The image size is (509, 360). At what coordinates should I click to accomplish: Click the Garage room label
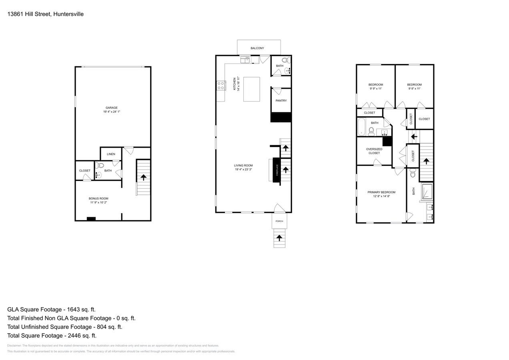point(111,108)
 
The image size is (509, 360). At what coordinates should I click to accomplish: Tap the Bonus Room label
point(98,198)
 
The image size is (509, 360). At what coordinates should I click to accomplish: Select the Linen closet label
point(111,154)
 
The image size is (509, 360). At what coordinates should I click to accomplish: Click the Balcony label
point(257,48)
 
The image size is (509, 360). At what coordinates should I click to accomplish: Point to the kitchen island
point(251,89)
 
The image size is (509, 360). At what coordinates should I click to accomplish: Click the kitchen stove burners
point(221,85)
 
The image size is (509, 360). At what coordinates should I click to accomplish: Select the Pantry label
point(281,101)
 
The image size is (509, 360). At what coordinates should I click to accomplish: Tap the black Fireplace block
point(276,170)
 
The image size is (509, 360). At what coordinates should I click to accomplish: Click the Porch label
point(279,221)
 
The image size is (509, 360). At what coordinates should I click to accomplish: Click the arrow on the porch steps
point(279,238)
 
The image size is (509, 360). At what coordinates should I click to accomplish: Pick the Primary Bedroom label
point(381,192)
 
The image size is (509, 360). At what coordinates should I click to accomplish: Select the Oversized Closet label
point(374,151)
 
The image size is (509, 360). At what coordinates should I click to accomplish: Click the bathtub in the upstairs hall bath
point(361,127)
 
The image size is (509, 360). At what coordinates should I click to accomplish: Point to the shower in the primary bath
point(427,192)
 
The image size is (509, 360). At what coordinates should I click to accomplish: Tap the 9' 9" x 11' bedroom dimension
point(375,89)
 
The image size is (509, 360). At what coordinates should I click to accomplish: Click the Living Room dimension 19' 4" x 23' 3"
point(243,170)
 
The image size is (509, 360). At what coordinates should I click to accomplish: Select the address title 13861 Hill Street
point(45,14)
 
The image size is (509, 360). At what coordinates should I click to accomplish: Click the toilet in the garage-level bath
point(100,165)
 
